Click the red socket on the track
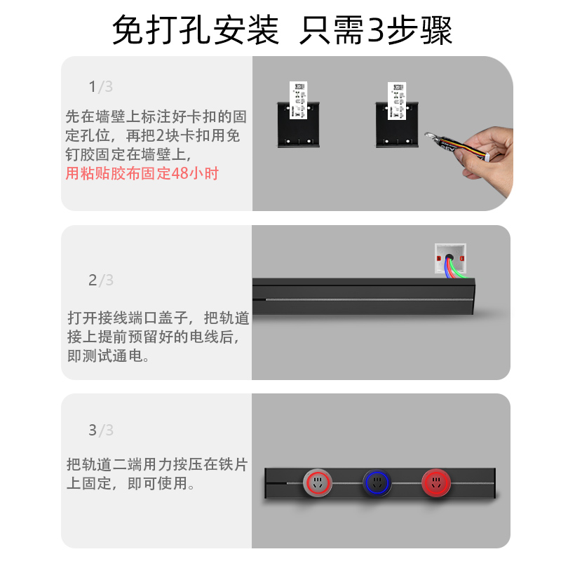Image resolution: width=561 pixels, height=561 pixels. (436, 483)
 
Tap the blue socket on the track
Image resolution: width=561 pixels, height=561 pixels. (377, 483)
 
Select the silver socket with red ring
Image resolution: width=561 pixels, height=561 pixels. (318, 483)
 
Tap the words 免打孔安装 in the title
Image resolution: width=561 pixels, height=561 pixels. (196, 30)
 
